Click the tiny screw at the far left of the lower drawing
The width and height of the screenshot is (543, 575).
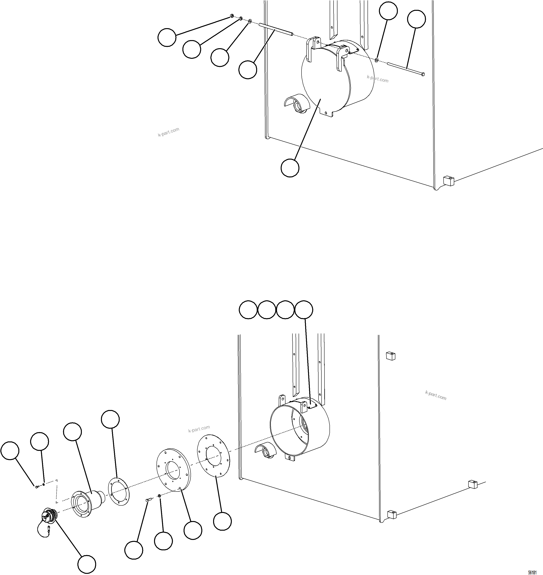coord(36,487)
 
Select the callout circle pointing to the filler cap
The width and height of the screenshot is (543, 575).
coord(87,564)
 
